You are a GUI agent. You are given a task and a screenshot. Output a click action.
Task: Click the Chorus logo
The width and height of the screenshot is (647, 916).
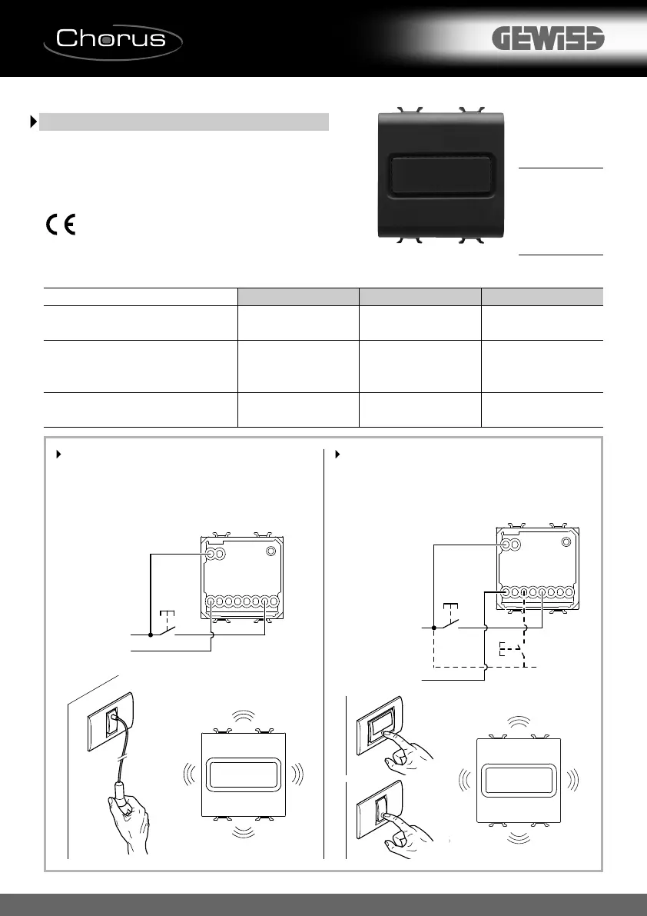click(112, 38)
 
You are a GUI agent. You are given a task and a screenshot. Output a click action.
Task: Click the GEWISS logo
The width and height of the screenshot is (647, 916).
click(548, 39)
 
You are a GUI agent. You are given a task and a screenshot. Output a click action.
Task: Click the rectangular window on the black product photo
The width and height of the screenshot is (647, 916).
click(443, 174)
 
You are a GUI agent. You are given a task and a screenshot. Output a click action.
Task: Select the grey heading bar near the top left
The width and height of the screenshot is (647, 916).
click(184, 122)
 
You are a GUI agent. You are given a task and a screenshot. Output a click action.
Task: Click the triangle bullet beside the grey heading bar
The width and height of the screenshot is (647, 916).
click(33, 122)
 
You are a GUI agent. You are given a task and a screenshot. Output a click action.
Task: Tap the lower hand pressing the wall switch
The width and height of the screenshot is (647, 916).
click(401, 832)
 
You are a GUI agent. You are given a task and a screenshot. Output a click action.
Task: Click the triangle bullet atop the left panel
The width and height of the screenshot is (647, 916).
click(58, 455)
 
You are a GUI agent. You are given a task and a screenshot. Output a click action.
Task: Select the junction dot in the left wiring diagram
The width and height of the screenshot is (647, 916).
click(151, 635)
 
